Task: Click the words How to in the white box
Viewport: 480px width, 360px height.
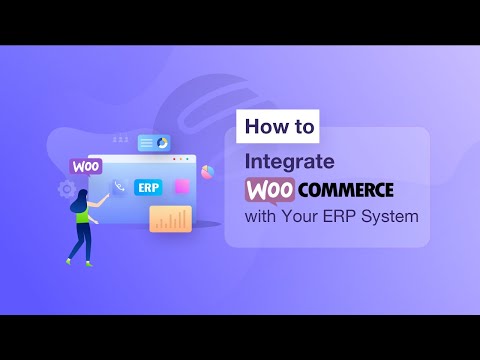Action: (279, 127)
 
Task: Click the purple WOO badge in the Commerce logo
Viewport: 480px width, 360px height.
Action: (268, 189)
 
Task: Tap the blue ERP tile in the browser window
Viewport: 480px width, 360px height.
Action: (148, 187)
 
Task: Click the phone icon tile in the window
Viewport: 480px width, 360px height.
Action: (119, 187)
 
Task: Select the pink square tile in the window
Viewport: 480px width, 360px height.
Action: (182, 187)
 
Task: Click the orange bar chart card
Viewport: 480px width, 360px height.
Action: (170, 219)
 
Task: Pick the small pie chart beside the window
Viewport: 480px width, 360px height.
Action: (208, 172)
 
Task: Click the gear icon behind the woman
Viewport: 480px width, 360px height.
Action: (67, 188)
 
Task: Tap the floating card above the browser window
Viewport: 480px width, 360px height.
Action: (154, 143)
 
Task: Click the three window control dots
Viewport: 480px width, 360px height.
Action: (181, 159)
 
